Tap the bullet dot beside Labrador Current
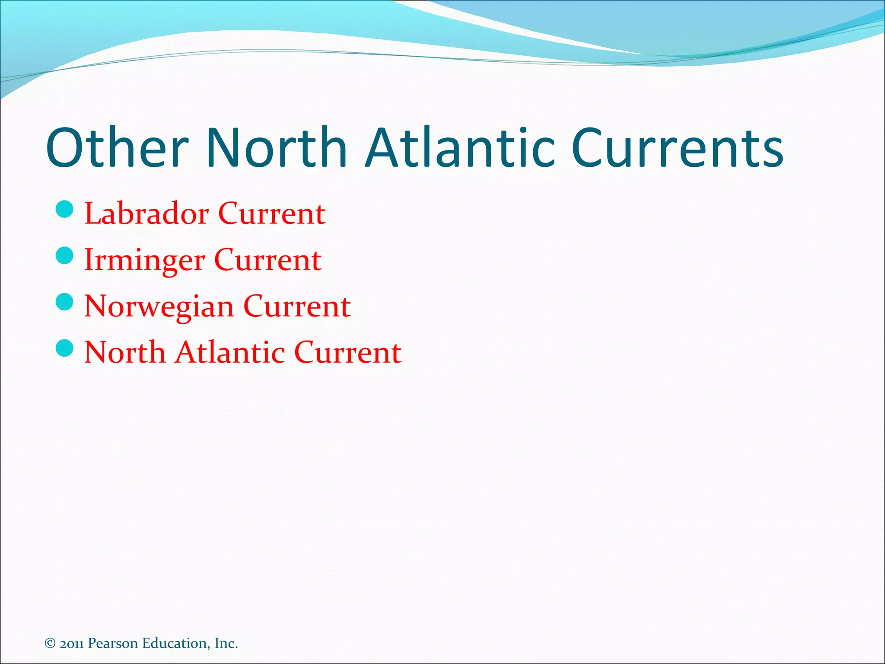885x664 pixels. pos(65,210)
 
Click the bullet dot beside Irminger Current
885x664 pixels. pos(65,255)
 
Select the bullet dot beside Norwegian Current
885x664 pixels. pos(65,302)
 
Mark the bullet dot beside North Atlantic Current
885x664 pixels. pos(65,348)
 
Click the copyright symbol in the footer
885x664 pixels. pos(50,643)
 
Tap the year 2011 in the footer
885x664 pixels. pos(72,644)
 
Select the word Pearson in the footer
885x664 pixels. pos(113,643)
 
